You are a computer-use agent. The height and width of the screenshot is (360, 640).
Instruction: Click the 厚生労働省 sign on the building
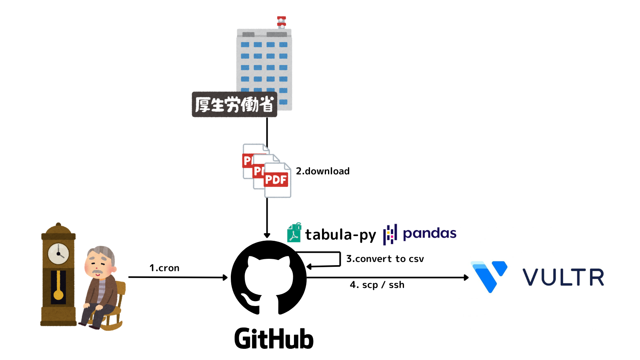[234, 104]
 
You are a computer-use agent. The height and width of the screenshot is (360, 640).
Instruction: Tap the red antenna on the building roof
[282, 22]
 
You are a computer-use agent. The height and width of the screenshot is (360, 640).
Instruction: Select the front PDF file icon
[277, 180]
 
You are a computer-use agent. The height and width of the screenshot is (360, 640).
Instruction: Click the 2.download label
[322, 171]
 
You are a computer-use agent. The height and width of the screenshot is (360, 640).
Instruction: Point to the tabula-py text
[340, 235]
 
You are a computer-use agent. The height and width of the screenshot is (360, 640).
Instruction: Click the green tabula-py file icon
[294, 233]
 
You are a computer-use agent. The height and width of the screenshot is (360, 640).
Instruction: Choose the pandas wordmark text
[429, 233]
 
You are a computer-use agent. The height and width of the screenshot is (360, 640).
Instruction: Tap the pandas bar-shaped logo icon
[390, 234]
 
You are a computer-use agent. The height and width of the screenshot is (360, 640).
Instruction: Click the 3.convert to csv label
[385, 259]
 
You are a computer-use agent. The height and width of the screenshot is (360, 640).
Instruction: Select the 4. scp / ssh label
[377, 285]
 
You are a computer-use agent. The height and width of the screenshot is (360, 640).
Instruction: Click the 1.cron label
[164, 268]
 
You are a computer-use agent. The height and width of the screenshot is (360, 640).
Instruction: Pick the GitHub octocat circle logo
[269, 278]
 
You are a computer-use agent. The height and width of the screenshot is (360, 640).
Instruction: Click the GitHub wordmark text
[274, 339]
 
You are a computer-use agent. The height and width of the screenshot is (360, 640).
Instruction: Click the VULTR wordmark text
[563, 277]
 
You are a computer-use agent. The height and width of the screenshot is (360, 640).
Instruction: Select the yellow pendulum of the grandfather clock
[58, 294]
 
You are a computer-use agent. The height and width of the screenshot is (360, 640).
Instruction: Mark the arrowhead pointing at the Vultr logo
[466, 277]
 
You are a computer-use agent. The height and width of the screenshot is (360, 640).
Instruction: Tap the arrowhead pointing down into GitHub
[267, 236]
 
